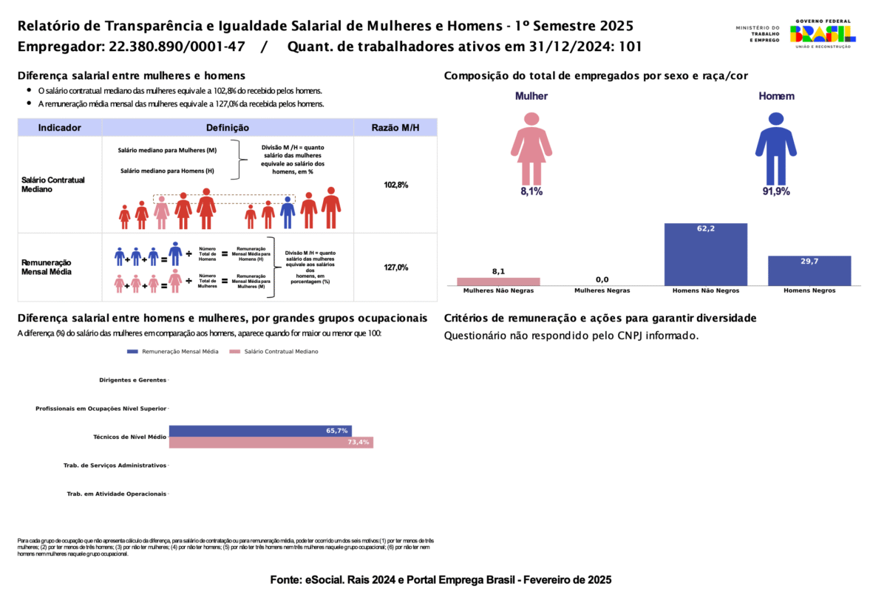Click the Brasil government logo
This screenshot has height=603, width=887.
click(x=823, y=33)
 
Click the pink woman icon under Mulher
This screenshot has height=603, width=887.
click(x=530, y=148)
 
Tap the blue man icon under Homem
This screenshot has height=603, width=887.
click(x=775, y=148)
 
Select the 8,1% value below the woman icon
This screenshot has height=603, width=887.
click(x=531, y=191)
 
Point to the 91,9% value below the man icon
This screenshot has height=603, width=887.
click(x=776, y=191)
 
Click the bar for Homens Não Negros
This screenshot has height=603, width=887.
click(x=705, y=254)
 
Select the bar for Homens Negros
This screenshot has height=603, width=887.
click(x=809, y=270)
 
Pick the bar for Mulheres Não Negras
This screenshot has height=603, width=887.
click(x=498, y=282)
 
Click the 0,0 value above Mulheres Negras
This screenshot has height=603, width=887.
click(x=602, y=279)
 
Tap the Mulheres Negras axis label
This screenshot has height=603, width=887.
click(x=602, y=291)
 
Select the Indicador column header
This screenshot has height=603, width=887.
click(x=60, y=128)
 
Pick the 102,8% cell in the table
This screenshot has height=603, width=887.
click(x=395, y=185)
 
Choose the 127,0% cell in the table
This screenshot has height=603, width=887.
click(x=395, y=268)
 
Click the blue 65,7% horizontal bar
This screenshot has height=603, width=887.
click(x=260, y=431)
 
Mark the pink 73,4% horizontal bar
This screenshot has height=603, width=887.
click(x=271, y=443)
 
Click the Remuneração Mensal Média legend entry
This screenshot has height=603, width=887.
click(x=174, y=352)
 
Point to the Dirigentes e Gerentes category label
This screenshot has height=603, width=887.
click(x=132, y=380)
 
